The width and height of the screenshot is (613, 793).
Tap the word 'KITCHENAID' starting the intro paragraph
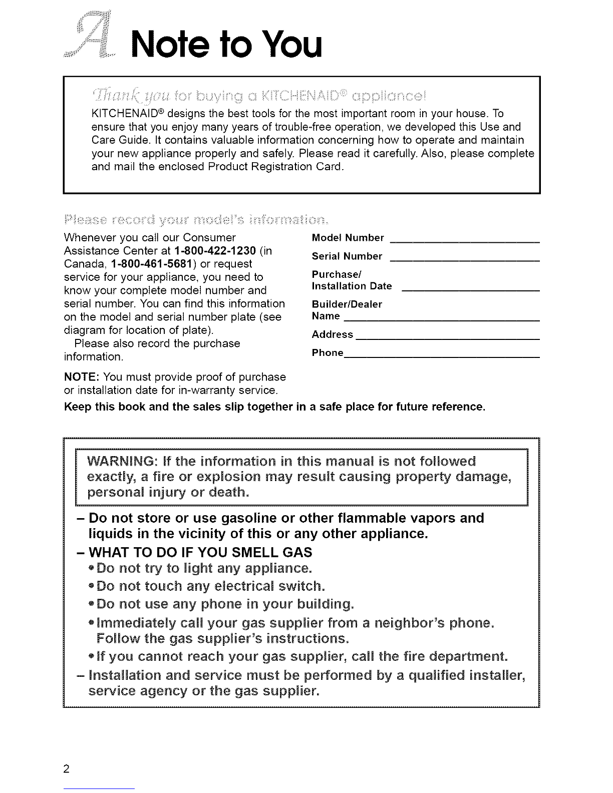pos(124,114)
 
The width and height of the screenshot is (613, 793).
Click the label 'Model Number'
pos(348,237)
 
